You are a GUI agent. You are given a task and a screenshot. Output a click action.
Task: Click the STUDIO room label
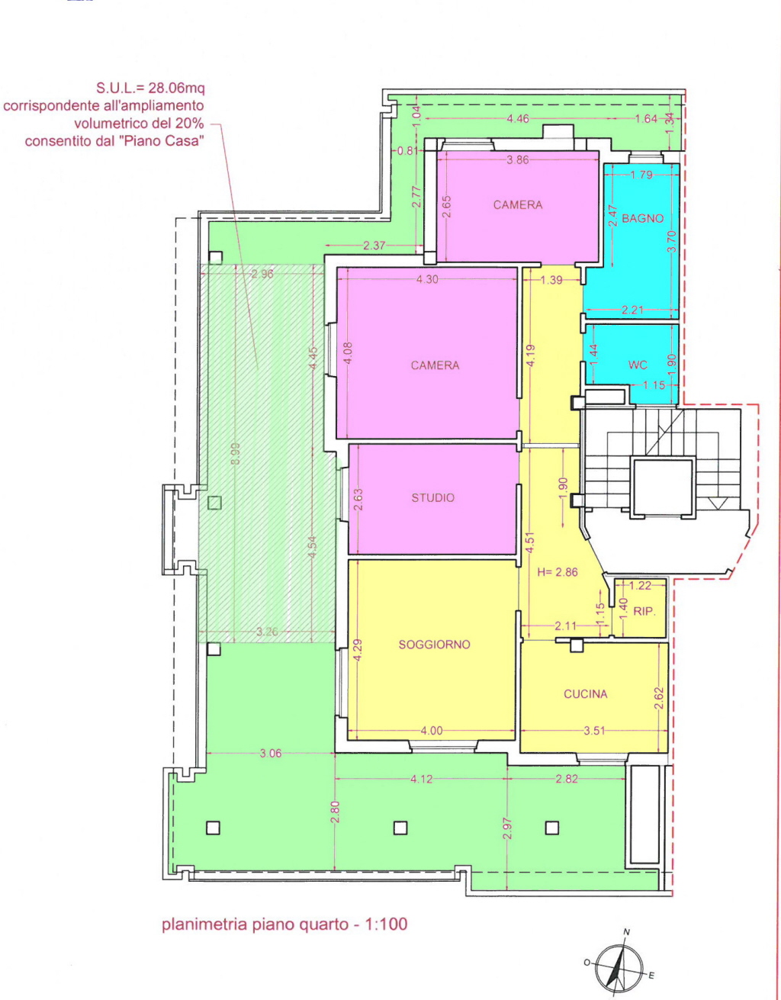(x=432, y=497)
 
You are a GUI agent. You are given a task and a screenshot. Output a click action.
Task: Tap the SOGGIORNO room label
(x=434, y=645)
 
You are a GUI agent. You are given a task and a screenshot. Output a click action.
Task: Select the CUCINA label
(x=586, y=693)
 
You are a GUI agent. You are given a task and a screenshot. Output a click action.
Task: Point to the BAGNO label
(x=642, y=218)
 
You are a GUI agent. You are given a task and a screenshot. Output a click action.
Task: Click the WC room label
(x=638, y=365)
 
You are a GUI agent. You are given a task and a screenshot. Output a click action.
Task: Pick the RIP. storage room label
(x=644, y=612)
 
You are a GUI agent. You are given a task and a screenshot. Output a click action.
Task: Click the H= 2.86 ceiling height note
(x=558, y=572)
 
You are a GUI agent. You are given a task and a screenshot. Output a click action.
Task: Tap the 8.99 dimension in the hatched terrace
(x=235, y=453)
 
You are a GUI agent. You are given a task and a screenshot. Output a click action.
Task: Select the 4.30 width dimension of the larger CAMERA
(x=427, y=279)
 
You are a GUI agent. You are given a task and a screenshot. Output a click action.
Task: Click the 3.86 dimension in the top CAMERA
(x=517, y=159)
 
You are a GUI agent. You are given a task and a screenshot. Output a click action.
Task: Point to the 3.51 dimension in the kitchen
(x=594, y=730)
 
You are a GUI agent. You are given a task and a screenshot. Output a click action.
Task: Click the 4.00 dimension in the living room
(x=432, y=730)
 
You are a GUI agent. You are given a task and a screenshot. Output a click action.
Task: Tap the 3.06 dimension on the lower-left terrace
(x=271, y=754)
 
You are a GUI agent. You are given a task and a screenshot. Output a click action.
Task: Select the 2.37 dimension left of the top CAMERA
(x=374, y=246)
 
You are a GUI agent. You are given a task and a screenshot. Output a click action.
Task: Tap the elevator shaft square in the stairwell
(x=662, y=487)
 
